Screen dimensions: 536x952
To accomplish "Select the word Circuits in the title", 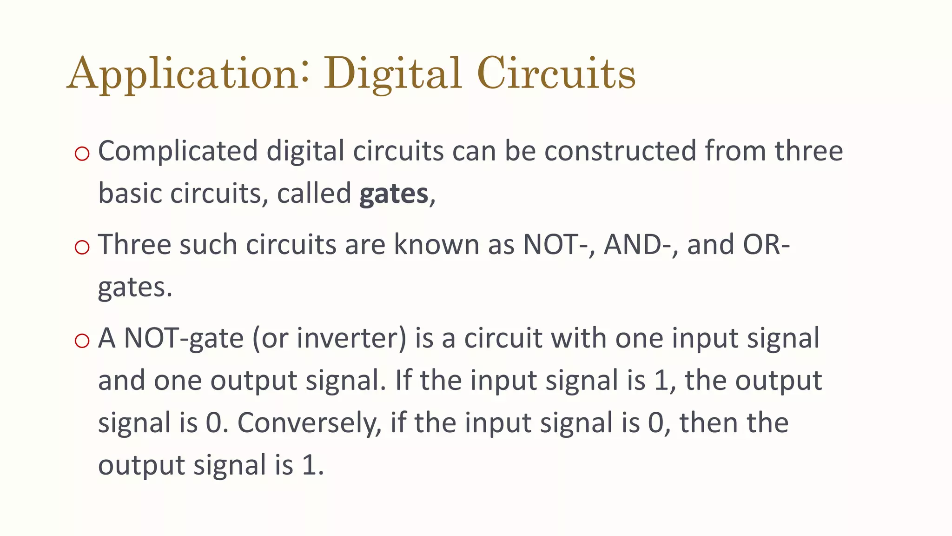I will pyautogui.click(x=556, y=74).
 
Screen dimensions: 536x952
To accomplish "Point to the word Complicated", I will pyautogui.click(x=178, y=152).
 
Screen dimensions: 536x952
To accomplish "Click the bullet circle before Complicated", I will pyautogui.click(x=82, y=154).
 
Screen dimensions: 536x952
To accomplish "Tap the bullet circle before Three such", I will pyautogui.click(x=82, y=247).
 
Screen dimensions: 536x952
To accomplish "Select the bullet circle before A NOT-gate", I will pyautogui.click(x=82, y=341).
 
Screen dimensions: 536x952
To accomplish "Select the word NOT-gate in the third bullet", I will pyautogui.click(x=184, y=338).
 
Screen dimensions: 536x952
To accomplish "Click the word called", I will pyautogui.click(x=314, y=194).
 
